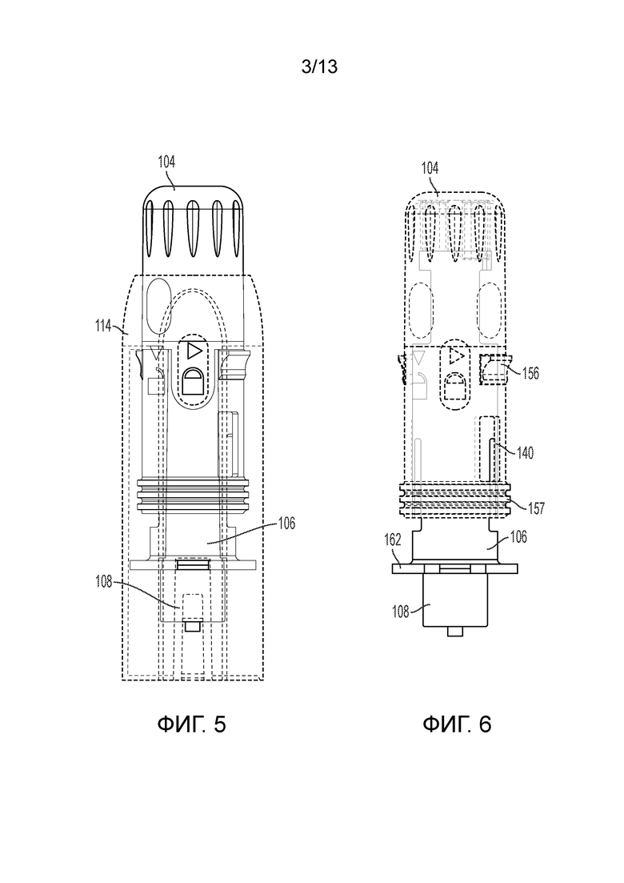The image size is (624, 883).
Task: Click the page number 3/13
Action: [319, 67]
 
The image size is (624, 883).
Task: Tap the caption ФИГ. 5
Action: [191, 724]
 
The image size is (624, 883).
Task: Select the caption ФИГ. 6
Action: [457, 724]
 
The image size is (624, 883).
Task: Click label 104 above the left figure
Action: [166, 163]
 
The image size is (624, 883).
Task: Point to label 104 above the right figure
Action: [430, 168]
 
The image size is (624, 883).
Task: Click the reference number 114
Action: [103, 326]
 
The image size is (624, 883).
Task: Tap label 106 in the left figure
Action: [286, 524]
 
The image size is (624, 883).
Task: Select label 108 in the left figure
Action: [103, 582]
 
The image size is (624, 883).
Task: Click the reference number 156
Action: [530, 373]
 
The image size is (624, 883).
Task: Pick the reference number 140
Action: [525, 452]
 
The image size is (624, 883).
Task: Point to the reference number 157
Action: [536, 508]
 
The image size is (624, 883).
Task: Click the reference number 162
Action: [392, 540]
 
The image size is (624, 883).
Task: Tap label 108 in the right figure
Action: [400, 611]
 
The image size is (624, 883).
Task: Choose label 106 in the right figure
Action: [518, 536]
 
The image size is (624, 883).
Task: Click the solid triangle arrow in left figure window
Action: [193, 351]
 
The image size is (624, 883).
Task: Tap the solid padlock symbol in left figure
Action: [193, 381]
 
